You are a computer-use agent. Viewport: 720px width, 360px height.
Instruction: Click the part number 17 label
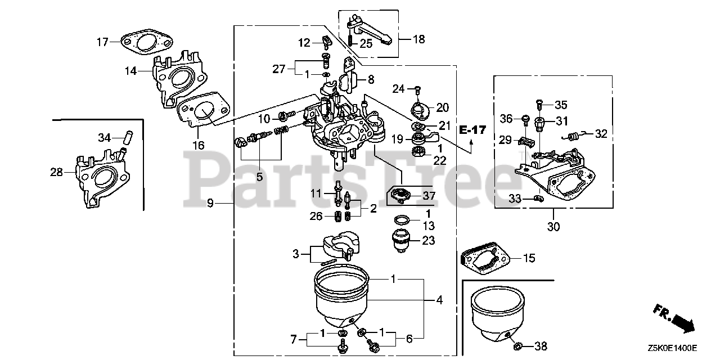click(x=103, y=42)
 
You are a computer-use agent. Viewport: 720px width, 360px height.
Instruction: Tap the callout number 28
click(x=57, y=172)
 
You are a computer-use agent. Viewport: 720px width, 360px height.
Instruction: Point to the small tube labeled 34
click(x=128, y=138)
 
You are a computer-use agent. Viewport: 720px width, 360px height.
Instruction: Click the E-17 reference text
click(x=472, y=130)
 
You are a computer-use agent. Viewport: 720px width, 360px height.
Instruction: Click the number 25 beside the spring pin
click(x=366, y=44)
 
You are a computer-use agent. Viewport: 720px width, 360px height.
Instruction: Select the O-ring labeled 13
click(x=402, y=220)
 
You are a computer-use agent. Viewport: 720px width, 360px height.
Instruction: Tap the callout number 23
click(x=429, y=240)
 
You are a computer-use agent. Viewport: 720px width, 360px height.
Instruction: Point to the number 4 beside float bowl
click(x=439, y=300)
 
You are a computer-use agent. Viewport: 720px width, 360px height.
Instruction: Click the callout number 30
click(x=553, y=227)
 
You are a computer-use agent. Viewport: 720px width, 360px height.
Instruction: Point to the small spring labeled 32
click(x=572, y=137)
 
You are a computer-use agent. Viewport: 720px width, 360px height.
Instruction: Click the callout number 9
click(x=210, y=203)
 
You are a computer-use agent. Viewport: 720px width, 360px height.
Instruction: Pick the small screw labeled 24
click(x=417, y=89)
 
